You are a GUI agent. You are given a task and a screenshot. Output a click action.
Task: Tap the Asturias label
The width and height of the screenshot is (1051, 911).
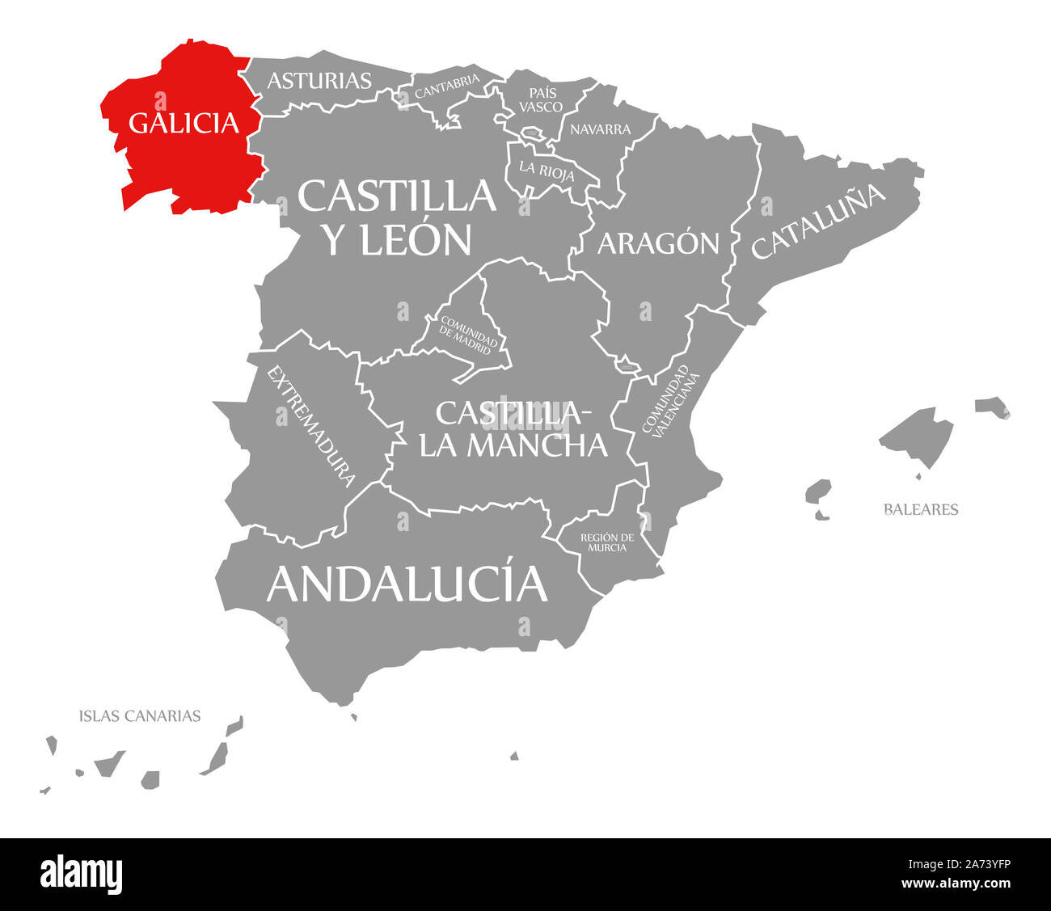click(x=319, y=80)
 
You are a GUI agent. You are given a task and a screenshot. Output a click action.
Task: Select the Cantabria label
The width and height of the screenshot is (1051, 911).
click(x=447, y=86)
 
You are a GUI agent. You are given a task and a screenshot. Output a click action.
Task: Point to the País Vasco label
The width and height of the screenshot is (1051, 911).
click(x=541, y=99)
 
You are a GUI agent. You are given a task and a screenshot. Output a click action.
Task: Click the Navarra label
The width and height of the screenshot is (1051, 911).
click(x=600, y=129)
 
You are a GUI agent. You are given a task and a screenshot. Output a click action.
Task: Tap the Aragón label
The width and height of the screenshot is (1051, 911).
click(x=658, y=243)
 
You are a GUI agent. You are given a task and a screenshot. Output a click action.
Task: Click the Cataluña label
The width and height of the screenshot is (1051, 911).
click(x=819, y=220)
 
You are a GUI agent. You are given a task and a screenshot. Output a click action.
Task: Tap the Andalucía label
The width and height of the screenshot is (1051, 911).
click(x=407, y=583)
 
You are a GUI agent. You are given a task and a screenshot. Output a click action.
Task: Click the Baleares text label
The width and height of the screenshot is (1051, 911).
click(x=921, y=509)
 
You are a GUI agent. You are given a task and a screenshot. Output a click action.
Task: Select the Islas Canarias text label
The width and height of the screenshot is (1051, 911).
click(x=140, y=715)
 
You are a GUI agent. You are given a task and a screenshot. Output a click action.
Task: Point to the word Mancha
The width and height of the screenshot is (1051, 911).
click(x=537, y=444)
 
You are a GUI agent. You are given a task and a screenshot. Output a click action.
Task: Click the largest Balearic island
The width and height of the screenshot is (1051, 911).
click(x=918, y=437)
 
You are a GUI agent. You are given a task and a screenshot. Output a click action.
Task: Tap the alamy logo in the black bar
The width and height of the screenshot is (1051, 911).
click(x=81, y=874)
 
